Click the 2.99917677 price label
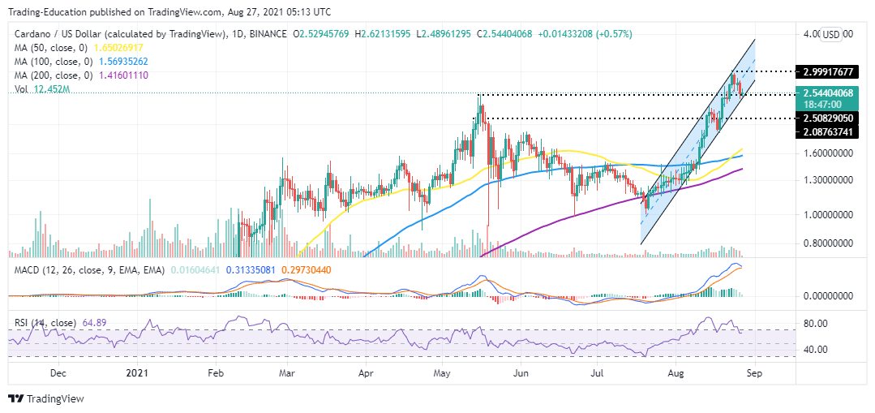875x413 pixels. click(x=828, y=72)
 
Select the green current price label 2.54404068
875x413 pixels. click(x=828, y=93)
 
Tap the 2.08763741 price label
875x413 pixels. click(x=828, y=131)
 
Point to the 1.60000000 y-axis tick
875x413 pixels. click(x=828, y=153)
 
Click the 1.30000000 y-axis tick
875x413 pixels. click(x=828, y=179)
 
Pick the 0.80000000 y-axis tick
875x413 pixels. click(x=828, y=243)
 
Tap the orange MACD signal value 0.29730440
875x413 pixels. click(x=306, y=270)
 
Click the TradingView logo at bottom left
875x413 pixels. click(x=46, y=398)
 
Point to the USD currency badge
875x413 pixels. click(x=831, y=35)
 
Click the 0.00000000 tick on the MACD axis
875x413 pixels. click(x=828, y=296)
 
